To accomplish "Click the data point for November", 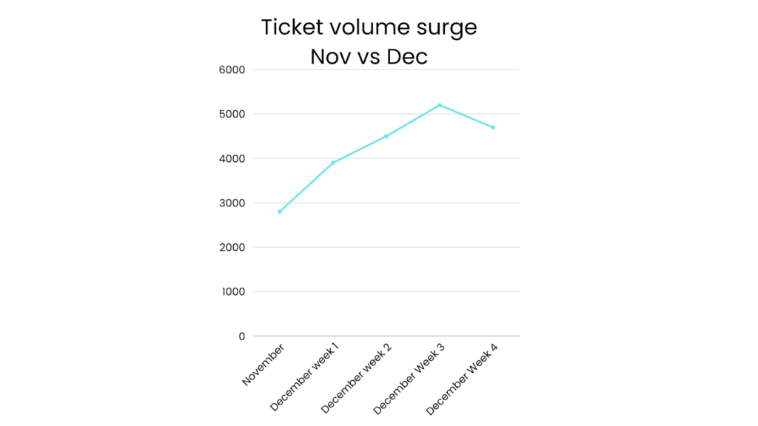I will [x=280, y=212].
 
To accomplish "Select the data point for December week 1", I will [x=333, y=163].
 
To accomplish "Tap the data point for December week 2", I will [x=386, y=136].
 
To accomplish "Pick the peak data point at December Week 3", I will [x=440, y=105].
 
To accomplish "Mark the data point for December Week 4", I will [x=493, y=127].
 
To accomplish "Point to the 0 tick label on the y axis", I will [x=241, y=336].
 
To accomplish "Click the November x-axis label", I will [x=264, y=365].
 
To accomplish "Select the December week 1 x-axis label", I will [x=305, y=376].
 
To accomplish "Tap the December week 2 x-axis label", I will [x=358, y=377].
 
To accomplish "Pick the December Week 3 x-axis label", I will [x=410, y=378].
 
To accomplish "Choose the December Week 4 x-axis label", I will [x=463, y=378].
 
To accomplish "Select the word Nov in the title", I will [x=331, y=57].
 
